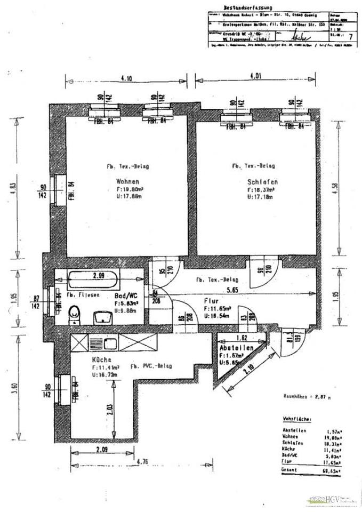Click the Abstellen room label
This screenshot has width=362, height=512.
pos(236,347)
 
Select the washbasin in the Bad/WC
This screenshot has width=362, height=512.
pos(102,317)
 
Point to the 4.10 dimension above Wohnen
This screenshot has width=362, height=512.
pos(127,78)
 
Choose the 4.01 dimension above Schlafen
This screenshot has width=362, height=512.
pos(256,76)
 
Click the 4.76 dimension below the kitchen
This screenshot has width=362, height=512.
pos(142,461)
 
